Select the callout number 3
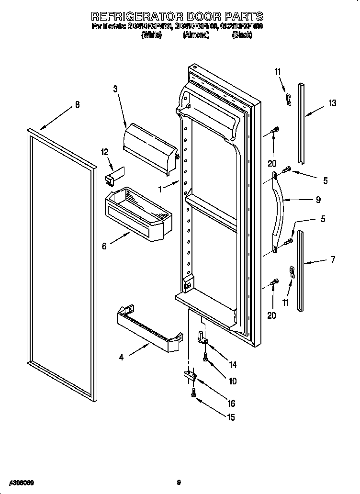pos(115,89)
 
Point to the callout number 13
pos(332,103)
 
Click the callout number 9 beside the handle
pos(318,200)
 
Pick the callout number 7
pos(333,260)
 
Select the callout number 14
pos(233,365)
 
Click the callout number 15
pos(230,417)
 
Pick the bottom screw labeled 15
pos(193,393)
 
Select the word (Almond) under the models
pos(196,35)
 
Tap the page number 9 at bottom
pos(178,483)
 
